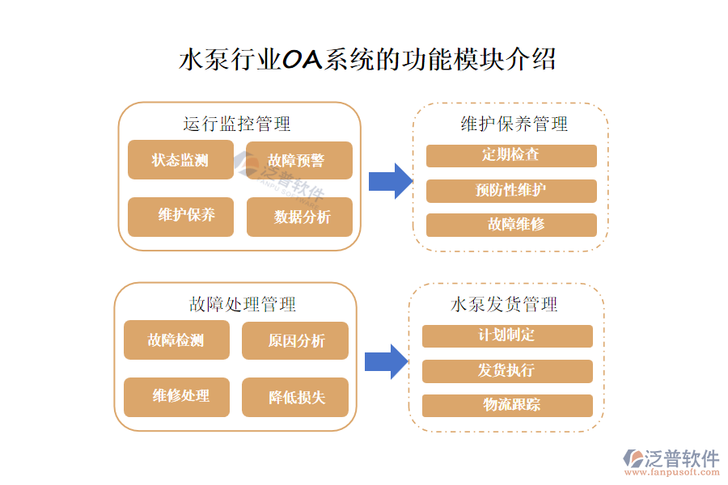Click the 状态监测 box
180,160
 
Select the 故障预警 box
299,160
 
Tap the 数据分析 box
299,217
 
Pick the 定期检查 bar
511,155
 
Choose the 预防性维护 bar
511,191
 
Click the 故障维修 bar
511,225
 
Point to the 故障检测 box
176,340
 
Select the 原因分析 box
295,340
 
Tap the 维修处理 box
176,397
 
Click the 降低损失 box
295,397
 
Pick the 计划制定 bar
507,335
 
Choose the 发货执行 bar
507,371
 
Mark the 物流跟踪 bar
507,405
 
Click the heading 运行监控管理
237,124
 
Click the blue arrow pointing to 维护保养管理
391,180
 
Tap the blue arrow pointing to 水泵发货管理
387,361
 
